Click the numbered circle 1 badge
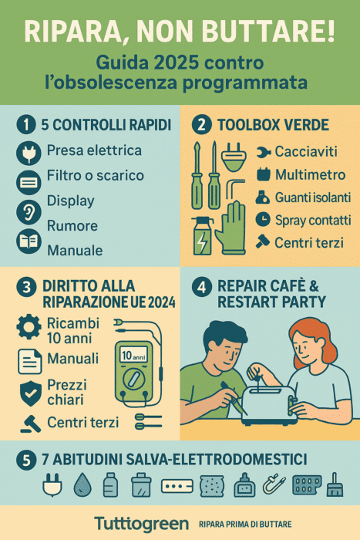pos(26,124)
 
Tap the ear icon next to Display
pos(29,212)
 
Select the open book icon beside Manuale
pos(29,241)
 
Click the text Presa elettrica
pos(94,150)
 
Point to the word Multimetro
pos(310,174)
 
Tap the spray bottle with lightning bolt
pos(202,236)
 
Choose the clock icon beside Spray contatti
pos(263,219)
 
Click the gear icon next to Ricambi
pos(29,326)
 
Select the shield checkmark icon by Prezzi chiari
pos(31,393)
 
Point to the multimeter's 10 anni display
pos(133,354)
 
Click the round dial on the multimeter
pos(134,380)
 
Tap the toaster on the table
pos(269,405)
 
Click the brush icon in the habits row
pos(335,484)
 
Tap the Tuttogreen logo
pos(141,524)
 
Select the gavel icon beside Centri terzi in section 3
pos(30,424)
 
